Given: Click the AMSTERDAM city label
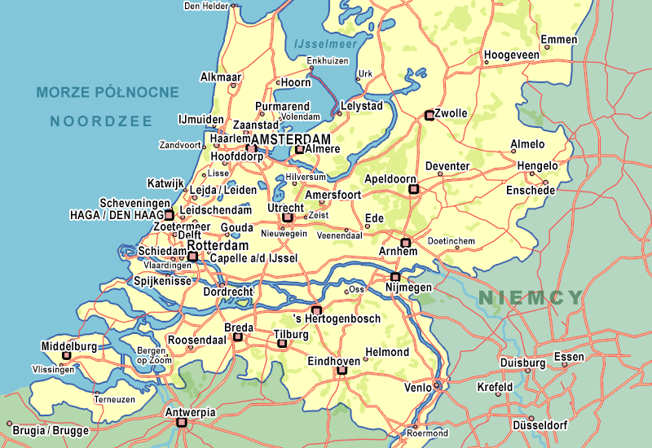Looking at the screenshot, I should click(x=291, y=140).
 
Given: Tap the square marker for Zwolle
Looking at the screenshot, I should click(x=429, y=116).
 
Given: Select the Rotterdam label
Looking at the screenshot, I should click(x=218, y=245).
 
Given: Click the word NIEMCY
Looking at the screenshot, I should click(x=531, y=297).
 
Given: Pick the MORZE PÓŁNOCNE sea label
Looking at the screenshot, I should click(x=107, y=92).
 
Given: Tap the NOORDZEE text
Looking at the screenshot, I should click(x=101, y=121).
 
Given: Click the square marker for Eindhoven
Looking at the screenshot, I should click(x=341, y=371).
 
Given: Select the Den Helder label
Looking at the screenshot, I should click(x=206, y=6).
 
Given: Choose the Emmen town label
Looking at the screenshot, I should click(x=559, y=40).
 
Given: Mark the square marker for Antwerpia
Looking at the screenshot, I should click(x=182, y=423).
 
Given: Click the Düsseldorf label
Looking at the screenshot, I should click(x=540, y=425).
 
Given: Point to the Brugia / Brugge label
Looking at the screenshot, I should click(x=51, y=430).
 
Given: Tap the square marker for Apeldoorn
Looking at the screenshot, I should click(x=413, y=189).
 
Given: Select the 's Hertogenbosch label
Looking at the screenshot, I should click(x=337, y=318).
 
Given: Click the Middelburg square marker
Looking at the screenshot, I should click(x=66, y=356).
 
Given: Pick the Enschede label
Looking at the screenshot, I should click(x=531, y=191).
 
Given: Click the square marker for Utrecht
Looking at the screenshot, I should click(x=287, y=217).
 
